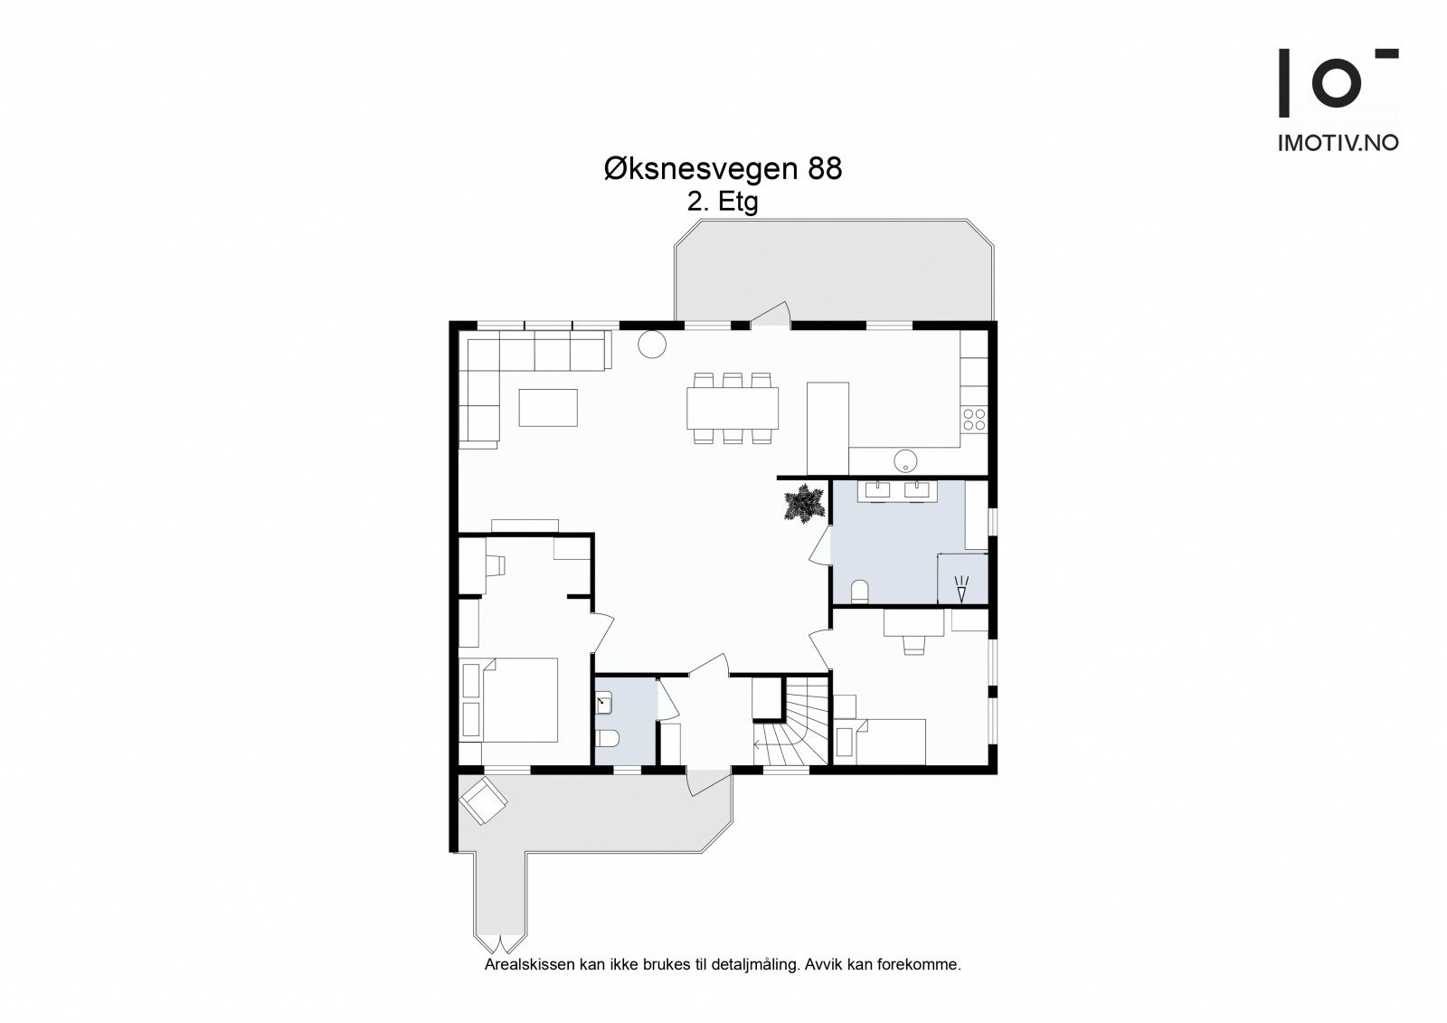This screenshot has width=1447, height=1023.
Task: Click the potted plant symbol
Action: [804, 504]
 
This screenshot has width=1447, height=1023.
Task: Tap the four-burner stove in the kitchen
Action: [974, 420]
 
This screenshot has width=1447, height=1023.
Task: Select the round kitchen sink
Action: [905, 460]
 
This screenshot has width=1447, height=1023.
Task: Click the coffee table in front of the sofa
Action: [548, 407]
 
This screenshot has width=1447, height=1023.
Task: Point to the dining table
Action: [733, 408]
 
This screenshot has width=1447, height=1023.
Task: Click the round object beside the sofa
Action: [652, 344]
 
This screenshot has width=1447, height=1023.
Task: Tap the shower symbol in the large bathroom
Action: [962, 589]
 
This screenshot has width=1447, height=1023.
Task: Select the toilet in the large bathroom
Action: [860, 592]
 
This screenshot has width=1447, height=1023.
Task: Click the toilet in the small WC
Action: [608, 737]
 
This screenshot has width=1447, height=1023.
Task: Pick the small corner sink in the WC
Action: [603, 703]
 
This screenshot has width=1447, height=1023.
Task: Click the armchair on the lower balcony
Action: [483, 800]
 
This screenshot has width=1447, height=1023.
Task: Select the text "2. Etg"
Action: [723, 203]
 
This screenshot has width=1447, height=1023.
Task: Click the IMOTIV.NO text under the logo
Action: [1338, 143]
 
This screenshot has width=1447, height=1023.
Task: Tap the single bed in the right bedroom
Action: [880, 742]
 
